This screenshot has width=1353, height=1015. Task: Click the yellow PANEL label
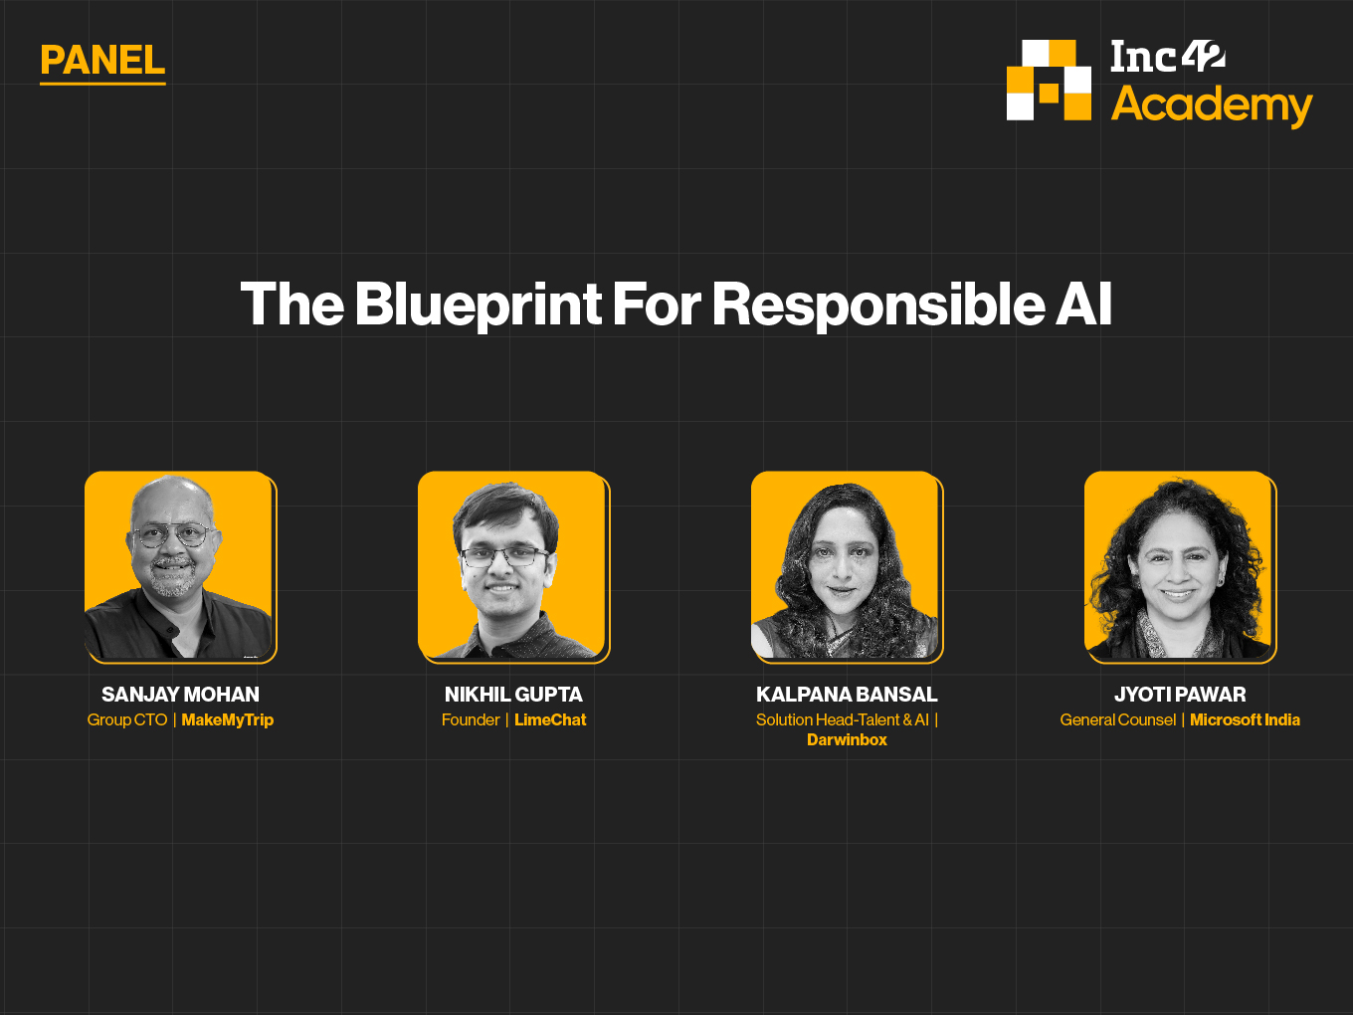click(x=102, y=61)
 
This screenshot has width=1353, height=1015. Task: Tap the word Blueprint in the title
click(x=478, y=305)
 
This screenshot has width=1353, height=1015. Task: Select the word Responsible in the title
click(x=878, y=305)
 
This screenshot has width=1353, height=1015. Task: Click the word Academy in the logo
click(x=1212, y=105)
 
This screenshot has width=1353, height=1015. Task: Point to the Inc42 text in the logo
click(x=1168, y=56)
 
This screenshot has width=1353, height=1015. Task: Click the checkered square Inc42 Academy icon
click(x=1049, y=80)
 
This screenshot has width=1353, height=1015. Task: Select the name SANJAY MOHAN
click(x=181, y=695)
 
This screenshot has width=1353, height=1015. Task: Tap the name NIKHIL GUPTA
click(x=513, y=695)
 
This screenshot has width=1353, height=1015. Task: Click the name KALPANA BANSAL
click(x=847, y=695)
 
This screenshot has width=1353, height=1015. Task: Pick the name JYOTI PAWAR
click(x=1180, y=695)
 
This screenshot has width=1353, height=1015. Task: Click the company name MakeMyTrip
click(x=228, y=719)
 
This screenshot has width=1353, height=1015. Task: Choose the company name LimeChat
click(x=550, y=719)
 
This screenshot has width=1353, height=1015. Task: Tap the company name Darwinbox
click(x=847, y=739)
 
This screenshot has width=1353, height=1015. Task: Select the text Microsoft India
click(x=1246, y=719)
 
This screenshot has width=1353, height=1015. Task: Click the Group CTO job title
click(x=127, y=719)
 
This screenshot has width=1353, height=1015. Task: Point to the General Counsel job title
click(x=1118, y=719)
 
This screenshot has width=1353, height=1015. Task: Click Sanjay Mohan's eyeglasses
click(x=172, y=533)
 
